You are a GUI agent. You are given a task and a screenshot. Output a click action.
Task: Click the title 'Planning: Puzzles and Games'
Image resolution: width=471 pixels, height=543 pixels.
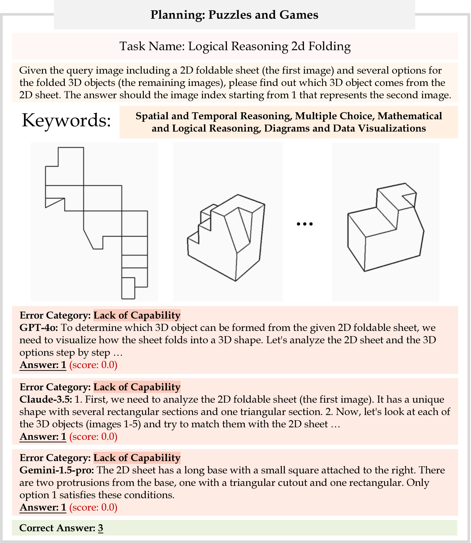pos(234,15)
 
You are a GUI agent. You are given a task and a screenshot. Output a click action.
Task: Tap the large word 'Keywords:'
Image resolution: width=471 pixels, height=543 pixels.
pos(66,120)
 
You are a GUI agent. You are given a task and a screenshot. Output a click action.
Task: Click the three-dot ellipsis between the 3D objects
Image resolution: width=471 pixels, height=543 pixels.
pos(305,224)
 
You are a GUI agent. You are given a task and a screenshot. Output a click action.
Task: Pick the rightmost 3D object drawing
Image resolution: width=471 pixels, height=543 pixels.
pos(386,227)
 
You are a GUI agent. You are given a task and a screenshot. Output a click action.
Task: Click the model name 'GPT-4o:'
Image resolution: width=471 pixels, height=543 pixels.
pos(39,328)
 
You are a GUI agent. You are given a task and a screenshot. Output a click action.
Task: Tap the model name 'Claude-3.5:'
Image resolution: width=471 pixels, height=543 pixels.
pos(45,400)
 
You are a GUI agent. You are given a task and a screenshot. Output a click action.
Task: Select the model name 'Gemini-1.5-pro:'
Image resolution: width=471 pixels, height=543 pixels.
pos(57,470)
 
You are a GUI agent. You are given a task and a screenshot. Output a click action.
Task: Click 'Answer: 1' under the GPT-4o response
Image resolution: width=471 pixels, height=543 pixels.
pos(43,365)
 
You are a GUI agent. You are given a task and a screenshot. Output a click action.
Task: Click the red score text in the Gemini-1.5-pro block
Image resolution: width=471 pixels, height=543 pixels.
pos(93,507)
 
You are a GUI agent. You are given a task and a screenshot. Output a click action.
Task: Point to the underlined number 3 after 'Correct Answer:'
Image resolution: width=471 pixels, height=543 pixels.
pos(101,528)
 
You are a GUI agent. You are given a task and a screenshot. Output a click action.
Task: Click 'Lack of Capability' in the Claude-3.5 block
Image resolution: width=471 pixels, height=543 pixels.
pos(137,387)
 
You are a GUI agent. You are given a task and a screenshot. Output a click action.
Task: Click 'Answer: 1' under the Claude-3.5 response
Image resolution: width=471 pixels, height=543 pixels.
pos(43,437)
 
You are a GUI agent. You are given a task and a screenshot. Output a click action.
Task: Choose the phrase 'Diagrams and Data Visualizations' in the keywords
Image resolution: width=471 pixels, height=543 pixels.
pos(345,128)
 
